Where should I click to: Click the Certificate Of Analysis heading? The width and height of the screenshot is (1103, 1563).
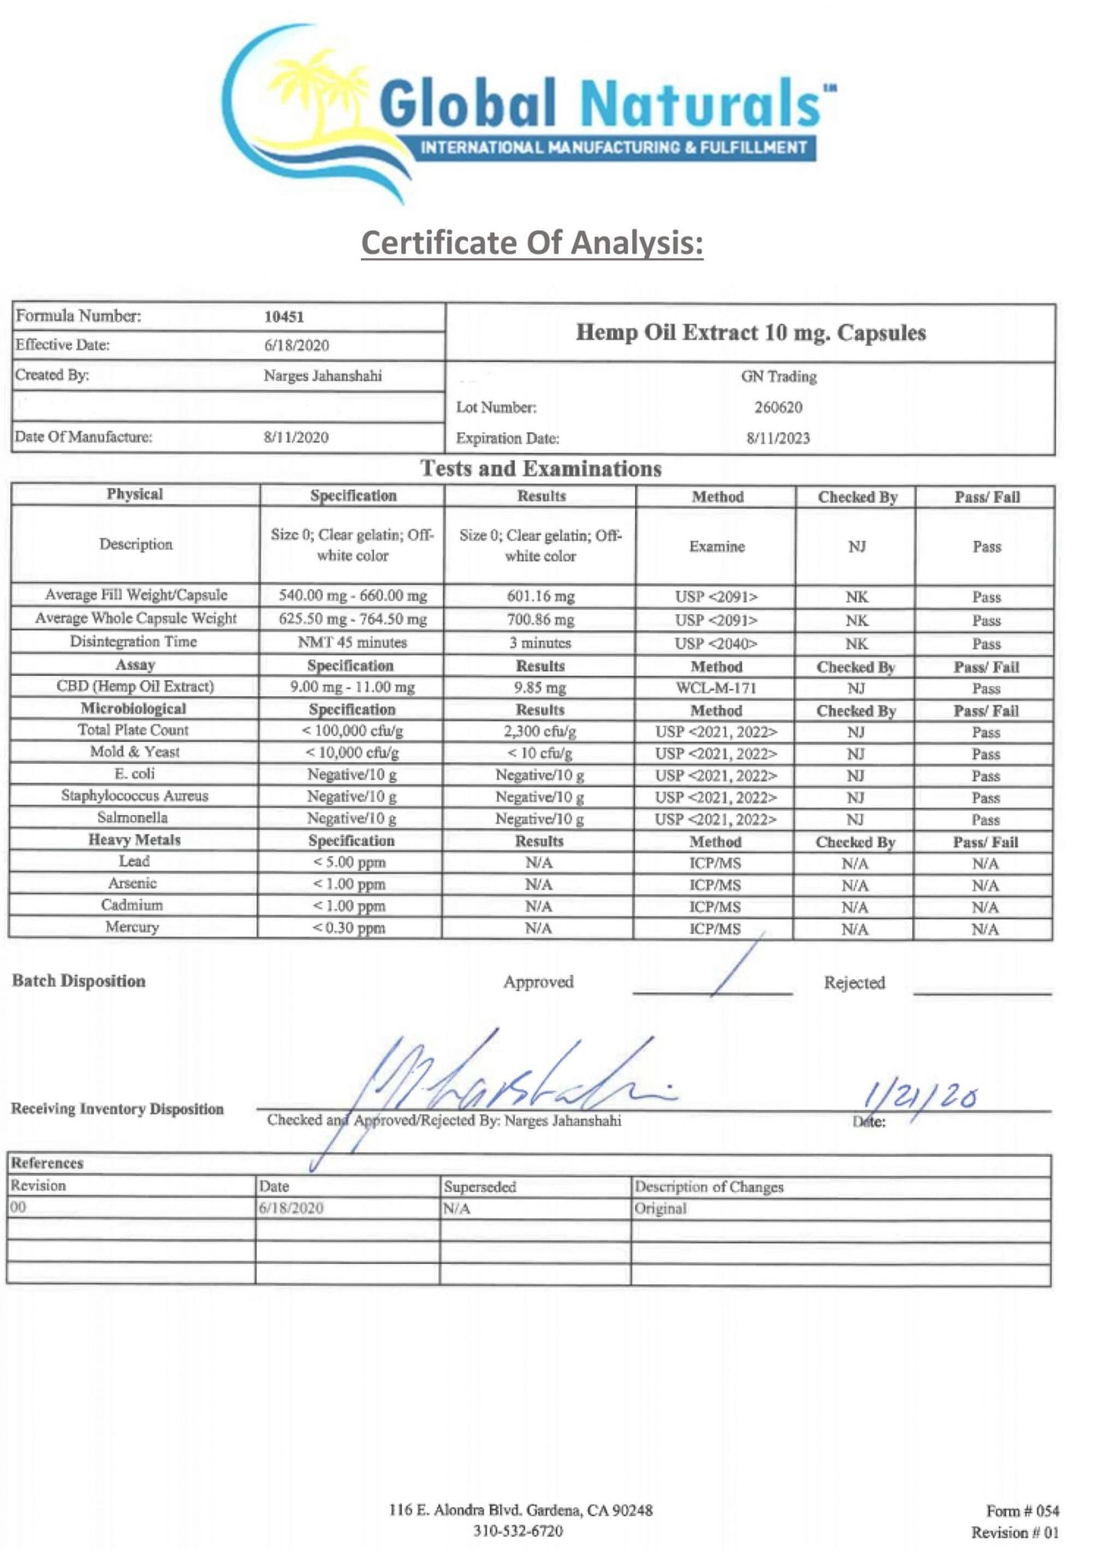pos(531,243)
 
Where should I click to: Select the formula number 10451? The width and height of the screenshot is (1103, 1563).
pos(284,317)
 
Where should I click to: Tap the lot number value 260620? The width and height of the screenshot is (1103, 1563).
pos(778,407)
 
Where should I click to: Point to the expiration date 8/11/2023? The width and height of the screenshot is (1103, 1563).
pos(778,438)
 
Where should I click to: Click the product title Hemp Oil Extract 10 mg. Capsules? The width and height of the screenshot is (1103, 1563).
pos(750,333)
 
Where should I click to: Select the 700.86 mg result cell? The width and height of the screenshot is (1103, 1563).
pos(540,620)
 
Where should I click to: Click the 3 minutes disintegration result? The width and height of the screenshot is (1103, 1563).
pos(540,643)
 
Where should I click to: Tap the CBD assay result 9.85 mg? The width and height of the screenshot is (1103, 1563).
pos(540,688)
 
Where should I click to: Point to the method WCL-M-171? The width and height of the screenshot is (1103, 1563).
pos(716,688)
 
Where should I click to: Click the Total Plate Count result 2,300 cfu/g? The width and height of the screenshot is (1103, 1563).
pos(540,731)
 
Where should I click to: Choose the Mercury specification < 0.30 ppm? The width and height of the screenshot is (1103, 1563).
pos(349,928)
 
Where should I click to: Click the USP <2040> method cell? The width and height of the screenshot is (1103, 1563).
pos(716,643)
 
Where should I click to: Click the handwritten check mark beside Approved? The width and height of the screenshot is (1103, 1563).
pos(737,965)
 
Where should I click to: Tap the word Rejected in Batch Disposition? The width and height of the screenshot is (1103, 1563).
pos(854,982)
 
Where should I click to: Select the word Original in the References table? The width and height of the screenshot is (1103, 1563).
pos(660,1208)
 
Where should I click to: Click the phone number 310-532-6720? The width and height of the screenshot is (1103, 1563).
pos(518,1531)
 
